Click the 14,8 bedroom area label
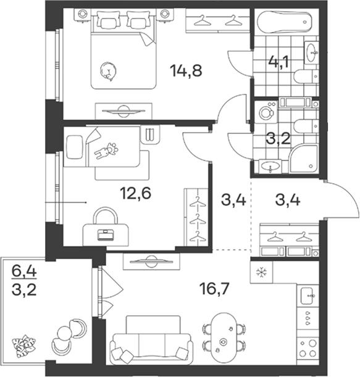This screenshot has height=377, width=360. [186, 71]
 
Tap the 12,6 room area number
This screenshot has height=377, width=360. [136, 193]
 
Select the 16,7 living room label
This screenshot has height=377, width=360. [215, 289]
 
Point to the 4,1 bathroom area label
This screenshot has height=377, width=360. [280, 62]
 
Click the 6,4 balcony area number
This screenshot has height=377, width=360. [24, 272]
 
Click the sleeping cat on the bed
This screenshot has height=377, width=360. [109, 71]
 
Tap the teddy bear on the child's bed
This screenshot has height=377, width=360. [106, 151]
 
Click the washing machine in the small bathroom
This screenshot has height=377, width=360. [266, 112]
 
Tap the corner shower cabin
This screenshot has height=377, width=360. [304, 158]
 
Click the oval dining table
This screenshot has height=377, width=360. [224, 336]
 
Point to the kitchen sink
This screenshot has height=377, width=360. [308, 296]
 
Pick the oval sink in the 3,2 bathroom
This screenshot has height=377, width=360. [270, 165]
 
